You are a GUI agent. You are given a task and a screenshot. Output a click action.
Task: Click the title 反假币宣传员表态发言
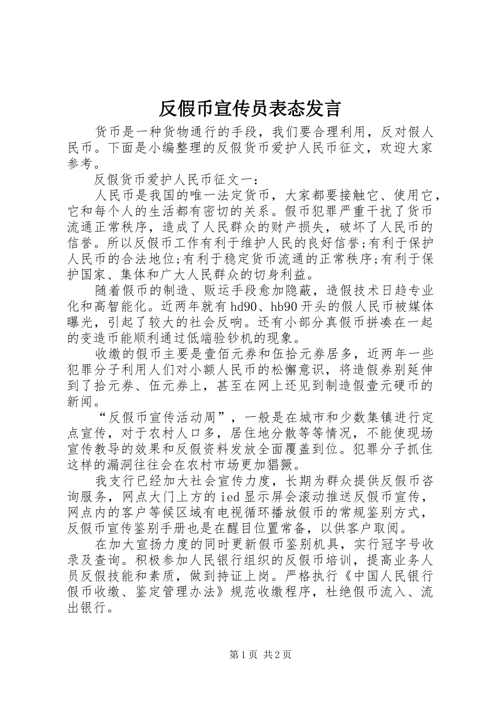pyautogui.click(x=249, y=108)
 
